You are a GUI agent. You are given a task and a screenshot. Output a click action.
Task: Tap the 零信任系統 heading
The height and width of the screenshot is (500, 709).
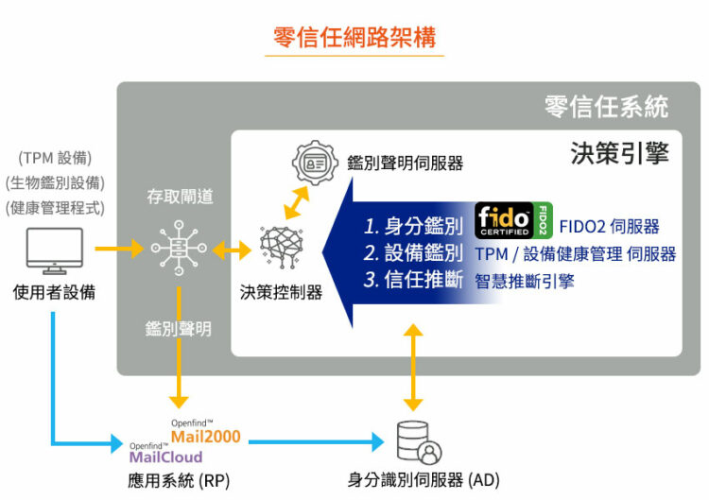[x=606, y=105]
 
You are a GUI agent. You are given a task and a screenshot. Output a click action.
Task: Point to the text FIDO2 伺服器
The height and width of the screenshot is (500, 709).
[x=610, y=227]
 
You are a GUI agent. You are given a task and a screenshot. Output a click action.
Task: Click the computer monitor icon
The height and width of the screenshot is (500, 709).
[x=54, y=250]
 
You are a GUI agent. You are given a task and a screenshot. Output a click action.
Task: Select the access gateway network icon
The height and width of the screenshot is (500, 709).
[x=178, y=249]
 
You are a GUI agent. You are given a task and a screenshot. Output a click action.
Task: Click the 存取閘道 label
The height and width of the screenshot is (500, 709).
[x=179, y=197]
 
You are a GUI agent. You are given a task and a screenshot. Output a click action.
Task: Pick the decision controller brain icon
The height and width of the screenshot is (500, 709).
[x=281, y=249]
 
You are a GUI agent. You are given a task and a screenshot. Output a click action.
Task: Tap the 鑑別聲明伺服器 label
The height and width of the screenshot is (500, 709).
[x=405, y=163]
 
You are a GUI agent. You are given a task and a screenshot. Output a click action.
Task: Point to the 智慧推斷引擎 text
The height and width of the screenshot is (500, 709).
[x=525, y=281]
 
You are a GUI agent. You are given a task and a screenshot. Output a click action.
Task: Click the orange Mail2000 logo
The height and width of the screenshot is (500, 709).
[x=205, y=435]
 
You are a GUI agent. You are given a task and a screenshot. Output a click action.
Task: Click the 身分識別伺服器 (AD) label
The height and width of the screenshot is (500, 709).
[x=418, y=480]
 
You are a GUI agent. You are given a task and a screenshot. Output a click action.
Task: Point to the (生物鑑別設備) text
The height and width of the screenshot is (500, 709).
[x=55, y=182]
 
